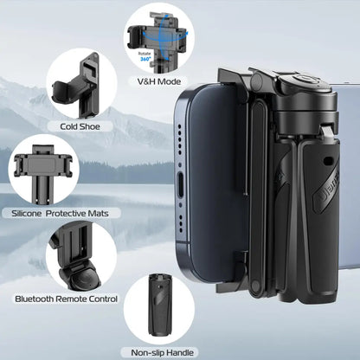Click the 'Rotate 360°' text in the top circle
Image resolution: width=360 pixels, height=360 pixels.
145,55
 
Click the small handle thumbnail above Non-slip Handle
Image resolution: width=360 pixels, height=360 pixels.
157,308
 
